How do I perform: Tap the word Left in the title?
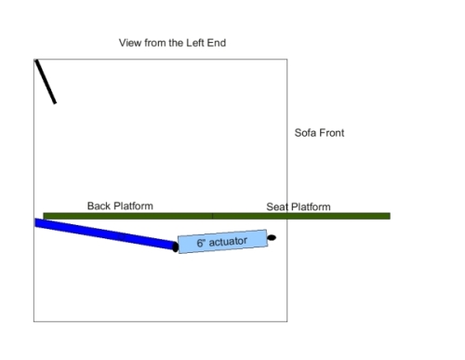click(x=195, y=43)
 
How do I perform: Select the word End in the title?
click(x=217, y=43)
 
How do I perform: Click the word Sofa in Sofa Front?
click(x=305, y=133)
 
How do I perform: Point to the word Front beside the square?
click(x=331, y=133)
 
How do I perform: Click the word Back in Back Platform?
click(x=99, y=206)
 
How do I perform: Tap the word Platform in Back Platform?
click(x=133, y=206)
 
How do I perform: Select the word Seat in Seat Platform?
click(x=277, y=207)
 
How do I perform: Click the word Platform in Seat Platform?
click(x=311, y=207)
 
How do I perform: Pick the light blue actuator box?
click(x=222, y=242)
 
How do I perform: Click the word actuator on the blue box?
click(x=228, y=241)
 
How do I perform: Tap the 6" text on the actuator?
click(x=201, y=243)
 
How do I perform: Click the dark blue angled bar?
click(x=105, y=233)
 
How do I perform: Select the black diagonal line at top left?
click(x=46, y=82)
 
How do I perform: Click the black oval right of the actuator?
click(x=272, y=238)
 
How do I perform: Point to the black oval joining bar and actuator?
click(x=175, y=247)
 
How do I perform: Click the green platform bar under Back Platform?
click(x=127, y=216)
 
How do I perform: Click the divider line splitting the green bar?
click(x=212, y=216)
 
